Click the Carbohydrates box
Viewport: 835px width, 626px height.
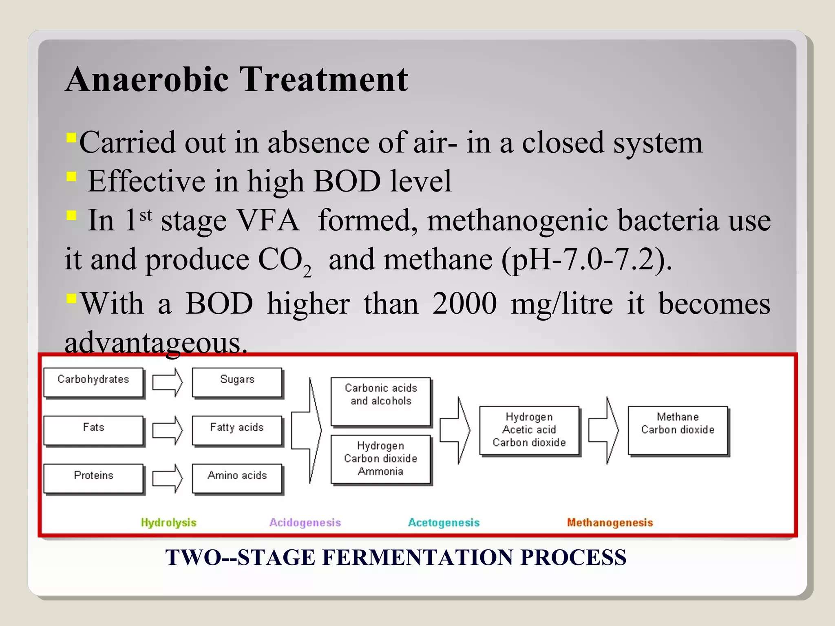[93, 382]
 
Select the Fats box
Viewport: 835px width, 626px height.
[93, 430]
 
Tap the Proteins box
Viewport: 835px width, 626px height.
[93, 478]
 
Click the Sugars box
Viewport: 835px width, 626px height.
[237, 382]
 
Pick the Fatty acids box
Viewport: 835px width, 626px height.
[237, 430]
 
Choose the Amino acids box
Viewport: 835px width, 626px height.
[237, 478]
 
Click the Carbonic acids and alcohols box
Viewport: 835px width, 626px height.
[381, 401]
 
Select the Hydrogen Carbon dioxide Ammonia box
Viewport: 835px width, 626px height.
[381, 459]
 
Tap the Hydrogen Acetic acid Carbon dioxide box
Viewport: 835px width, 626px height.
[529, 430]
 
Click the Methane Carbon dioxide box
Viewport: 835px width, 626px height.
[678, 430]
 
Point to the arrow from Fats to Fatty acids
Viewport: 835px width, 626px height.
[167, 430]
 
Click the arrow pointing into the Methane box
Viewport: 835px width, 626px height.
[603, 430]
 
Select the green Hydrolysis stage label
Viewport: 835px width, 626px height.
[168, 522]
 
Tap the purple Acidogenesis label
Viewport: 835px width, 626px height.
[305, 522]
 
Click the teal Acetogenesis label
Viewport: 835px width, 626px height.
[444, 522]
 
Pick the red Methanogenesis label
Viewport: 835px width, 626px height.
[610, 522]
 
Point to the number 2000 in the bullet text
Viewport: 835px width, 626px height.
[464, 304]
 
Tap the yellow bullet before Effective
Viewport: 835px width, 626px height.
[71, 176]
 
